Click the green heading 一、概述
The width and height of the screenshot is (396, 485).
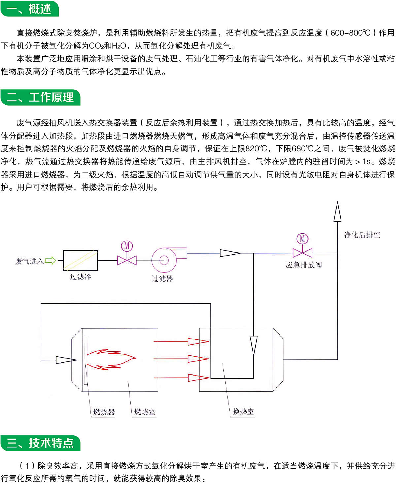pos(30,9)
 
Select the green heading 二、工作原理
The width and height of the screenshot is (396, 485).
pos(40,97)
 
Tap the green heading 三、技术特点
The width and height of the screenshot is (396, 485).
pos(40,443)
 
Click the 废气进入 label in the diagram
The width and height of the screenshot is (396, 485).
pos(29,261)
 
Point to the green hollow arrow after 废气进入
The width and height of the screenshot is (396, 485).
pos(50,261)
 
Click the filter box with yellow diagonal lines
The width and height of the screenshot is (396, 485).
pos(80,260)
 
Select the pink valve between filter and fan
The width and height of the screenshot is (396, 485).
pos(127,260)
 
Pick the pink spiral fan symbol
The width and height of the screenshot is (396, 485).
pos(164,260)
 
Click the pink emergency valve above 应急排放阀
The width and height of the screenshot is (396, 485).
pos(302,253)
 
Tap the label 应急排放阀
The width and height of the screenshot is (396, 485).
pos(304,265)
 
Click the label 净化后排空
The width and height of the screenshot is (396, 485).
pos(362,235)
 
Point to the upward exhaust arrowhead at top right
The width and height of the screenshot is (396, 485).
pos(337,211)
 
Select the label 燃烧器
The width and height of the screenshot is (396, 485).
pos(104,412)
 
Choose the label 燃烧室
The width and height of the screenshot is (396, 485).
pos(145,412)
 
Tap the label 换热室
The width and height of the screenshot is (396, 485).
pos(243,412)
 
